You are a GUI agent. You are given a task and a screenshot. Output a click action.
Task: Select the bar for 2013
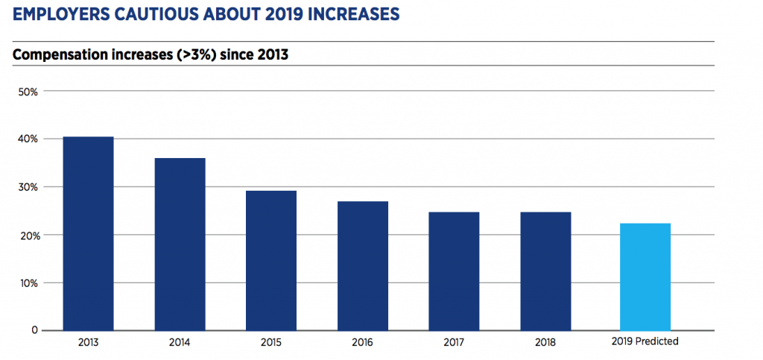pos(88,233)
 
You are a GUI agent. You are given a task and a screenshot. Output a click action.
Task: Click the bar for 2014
pos(180,244)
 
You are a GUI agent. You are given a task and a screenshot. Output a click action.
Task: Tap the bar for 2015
pos(272,260)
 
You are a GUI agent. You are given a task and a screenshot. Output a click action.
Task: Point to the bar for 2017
pos(454,271)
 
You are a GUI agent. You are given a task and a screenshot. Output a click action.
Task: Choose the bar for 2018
pos(545,271)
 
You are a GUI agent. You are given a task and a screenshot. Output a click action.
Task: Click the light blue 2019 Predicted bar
pos(645,277)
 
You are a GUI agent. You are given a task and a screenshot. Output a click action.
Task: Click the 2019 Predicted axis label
pos(645,343)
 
